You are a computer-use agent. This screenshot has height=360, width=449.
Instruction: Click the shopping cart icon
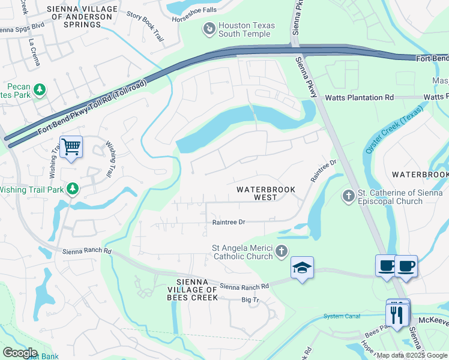coord(71,146)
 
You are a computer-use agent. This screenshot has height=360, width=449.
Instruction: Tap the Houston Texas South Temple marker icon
coord(209,28)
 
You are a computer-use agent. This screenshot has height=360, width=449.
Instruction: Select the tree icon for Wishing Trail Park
coord(73,189)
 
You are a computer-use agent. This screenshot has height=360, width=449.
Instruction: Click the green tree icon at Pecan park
coord(40,89)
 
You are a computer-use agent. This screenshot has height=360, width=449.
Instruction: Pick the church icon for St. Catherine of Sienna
coord(348,196)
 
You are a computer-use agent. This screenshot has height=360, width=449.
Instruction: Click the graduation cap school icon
coord(302,268)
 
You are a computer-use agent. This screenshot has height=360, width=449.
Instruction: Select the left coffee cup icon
coord(386,265)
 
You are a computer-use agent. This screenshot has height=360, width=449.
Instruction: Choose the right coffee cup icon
coord(406,265)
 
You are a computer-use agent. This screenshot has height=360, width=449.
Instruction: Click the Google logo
coord(20,352)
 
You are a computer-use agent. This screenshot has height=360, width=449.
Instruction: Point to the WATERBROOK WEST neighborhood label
coord(265,193)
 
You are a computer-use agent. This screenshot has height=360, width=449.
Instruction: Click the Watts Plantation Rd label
coord(359,97)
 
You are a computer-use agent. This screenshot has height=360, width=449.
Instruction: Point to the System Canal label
coord(342,316)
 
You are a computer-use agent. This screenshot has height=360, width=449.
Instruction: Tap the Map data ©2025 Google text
coord(411,354)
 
